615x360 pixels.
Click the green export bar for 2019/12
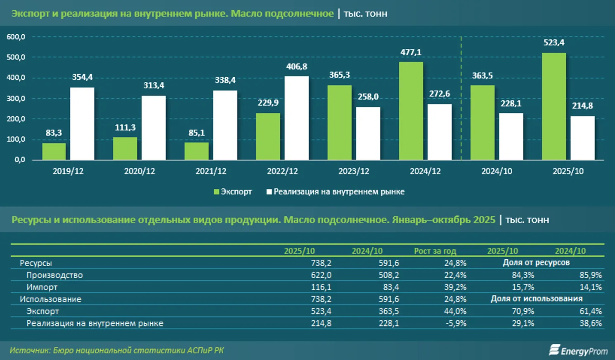pyautogui.click(x=54, y=151)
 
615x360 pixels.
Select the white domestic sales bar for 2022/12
pyautogui.click(x=296, y=118)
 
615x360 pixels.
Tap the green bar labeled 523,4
pyautogui.click(x=553, y=107)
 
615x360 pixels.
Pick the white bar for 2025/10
pyautogui.click(x=582, y=138)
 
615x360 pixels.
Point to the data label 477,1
pyautogui.click(x=411, y=52)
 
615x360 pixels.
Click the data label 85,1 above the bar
pyautogui.click(x=196, y=133)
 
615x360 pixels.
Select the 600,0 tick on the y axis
pyautogui.click(x=16, y=37)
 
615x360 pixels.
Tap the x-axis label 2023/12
pyautogui.click(x=354, y=171)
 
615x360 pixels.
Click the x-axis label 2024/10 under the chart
pyautogui.click(x=497, y=171)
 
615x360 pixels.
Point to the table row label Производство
pyautogui.click(x=54, y=275)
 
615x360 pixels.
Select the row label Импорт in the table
pyautogui.click(x=42, y=287)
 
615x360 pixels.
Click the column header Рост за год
pyautogui.click(x=435, y=251)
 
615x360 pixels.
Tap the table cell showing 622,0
pyautogui.click(x=321, y=275)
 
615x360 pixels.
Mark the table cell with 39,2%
pyautogui.click(x=455, y=287)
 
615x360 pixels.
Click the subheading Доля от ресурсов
pyautogui.click(x=536, y=263)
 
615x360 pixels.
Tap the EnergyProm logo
pyautogui.click(x=578, y=351)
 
